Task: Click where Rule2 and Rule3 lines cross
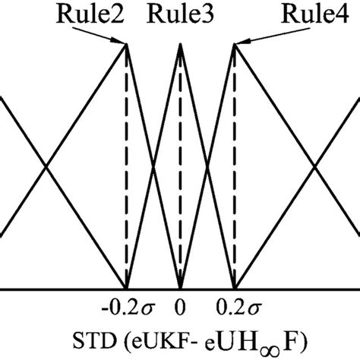(153, 166)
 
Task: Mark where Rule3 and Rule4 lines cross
(208, 166)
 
